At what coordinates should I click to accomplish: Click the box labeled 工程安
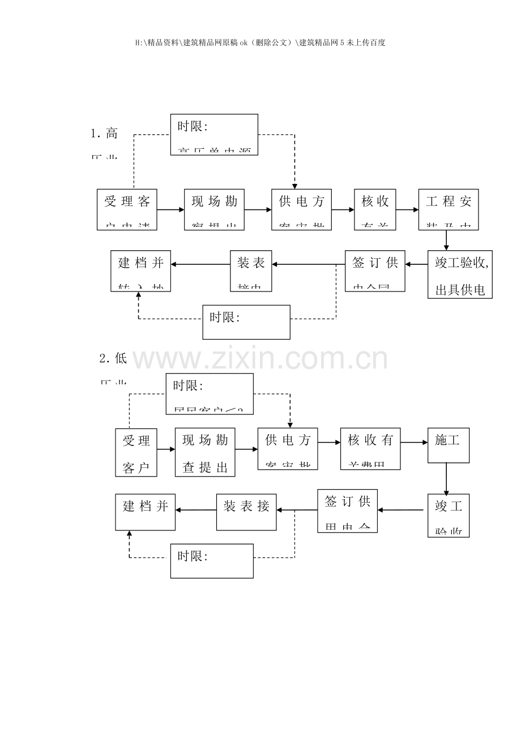tap(449, 209)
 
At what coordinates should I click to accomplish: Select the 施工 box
tap(448, 445)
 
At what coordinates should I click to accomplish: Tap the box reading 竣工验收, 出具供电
tap(460, 275)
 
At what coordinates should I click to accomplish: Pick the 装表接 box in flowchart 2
tap(246, 512)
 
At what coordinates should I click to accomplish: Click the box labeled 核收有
tap(370, 449)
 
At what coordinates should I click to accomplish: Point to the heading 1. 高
tap(104, 134)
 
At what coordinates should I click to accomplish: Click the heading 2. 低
tap(113, 358)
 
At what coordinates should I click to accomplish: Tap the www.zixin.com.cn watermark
tap(260, 359)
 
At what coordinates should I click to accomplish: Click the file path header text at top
tap(260, 42)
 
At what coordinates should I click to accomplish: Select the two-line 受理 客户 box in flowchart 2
tap(136, 452)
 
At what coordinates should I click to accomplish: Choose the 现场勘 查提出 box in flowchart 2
tap(205, 452)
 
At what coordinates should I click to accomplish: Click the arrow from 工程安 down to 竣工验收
tap(446, 240)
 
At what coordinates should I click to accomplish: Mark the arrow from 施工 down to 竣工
tap(446, 479)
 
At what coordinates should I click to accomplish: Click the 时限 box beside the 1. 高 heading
tap(214, 135)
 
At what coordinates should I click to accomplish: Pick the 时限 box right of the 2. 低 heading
tap(210, 394)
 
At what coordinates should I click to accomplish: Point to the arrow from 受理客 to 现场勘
tap(170, 209)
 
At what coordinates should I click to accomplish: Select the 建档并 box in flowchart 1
tap(140, 271)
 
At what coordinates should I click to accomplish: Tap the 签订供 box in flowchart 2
tap(347, 511)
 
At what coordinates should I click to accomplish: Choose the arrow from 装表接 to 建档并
tap(196, 510)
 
